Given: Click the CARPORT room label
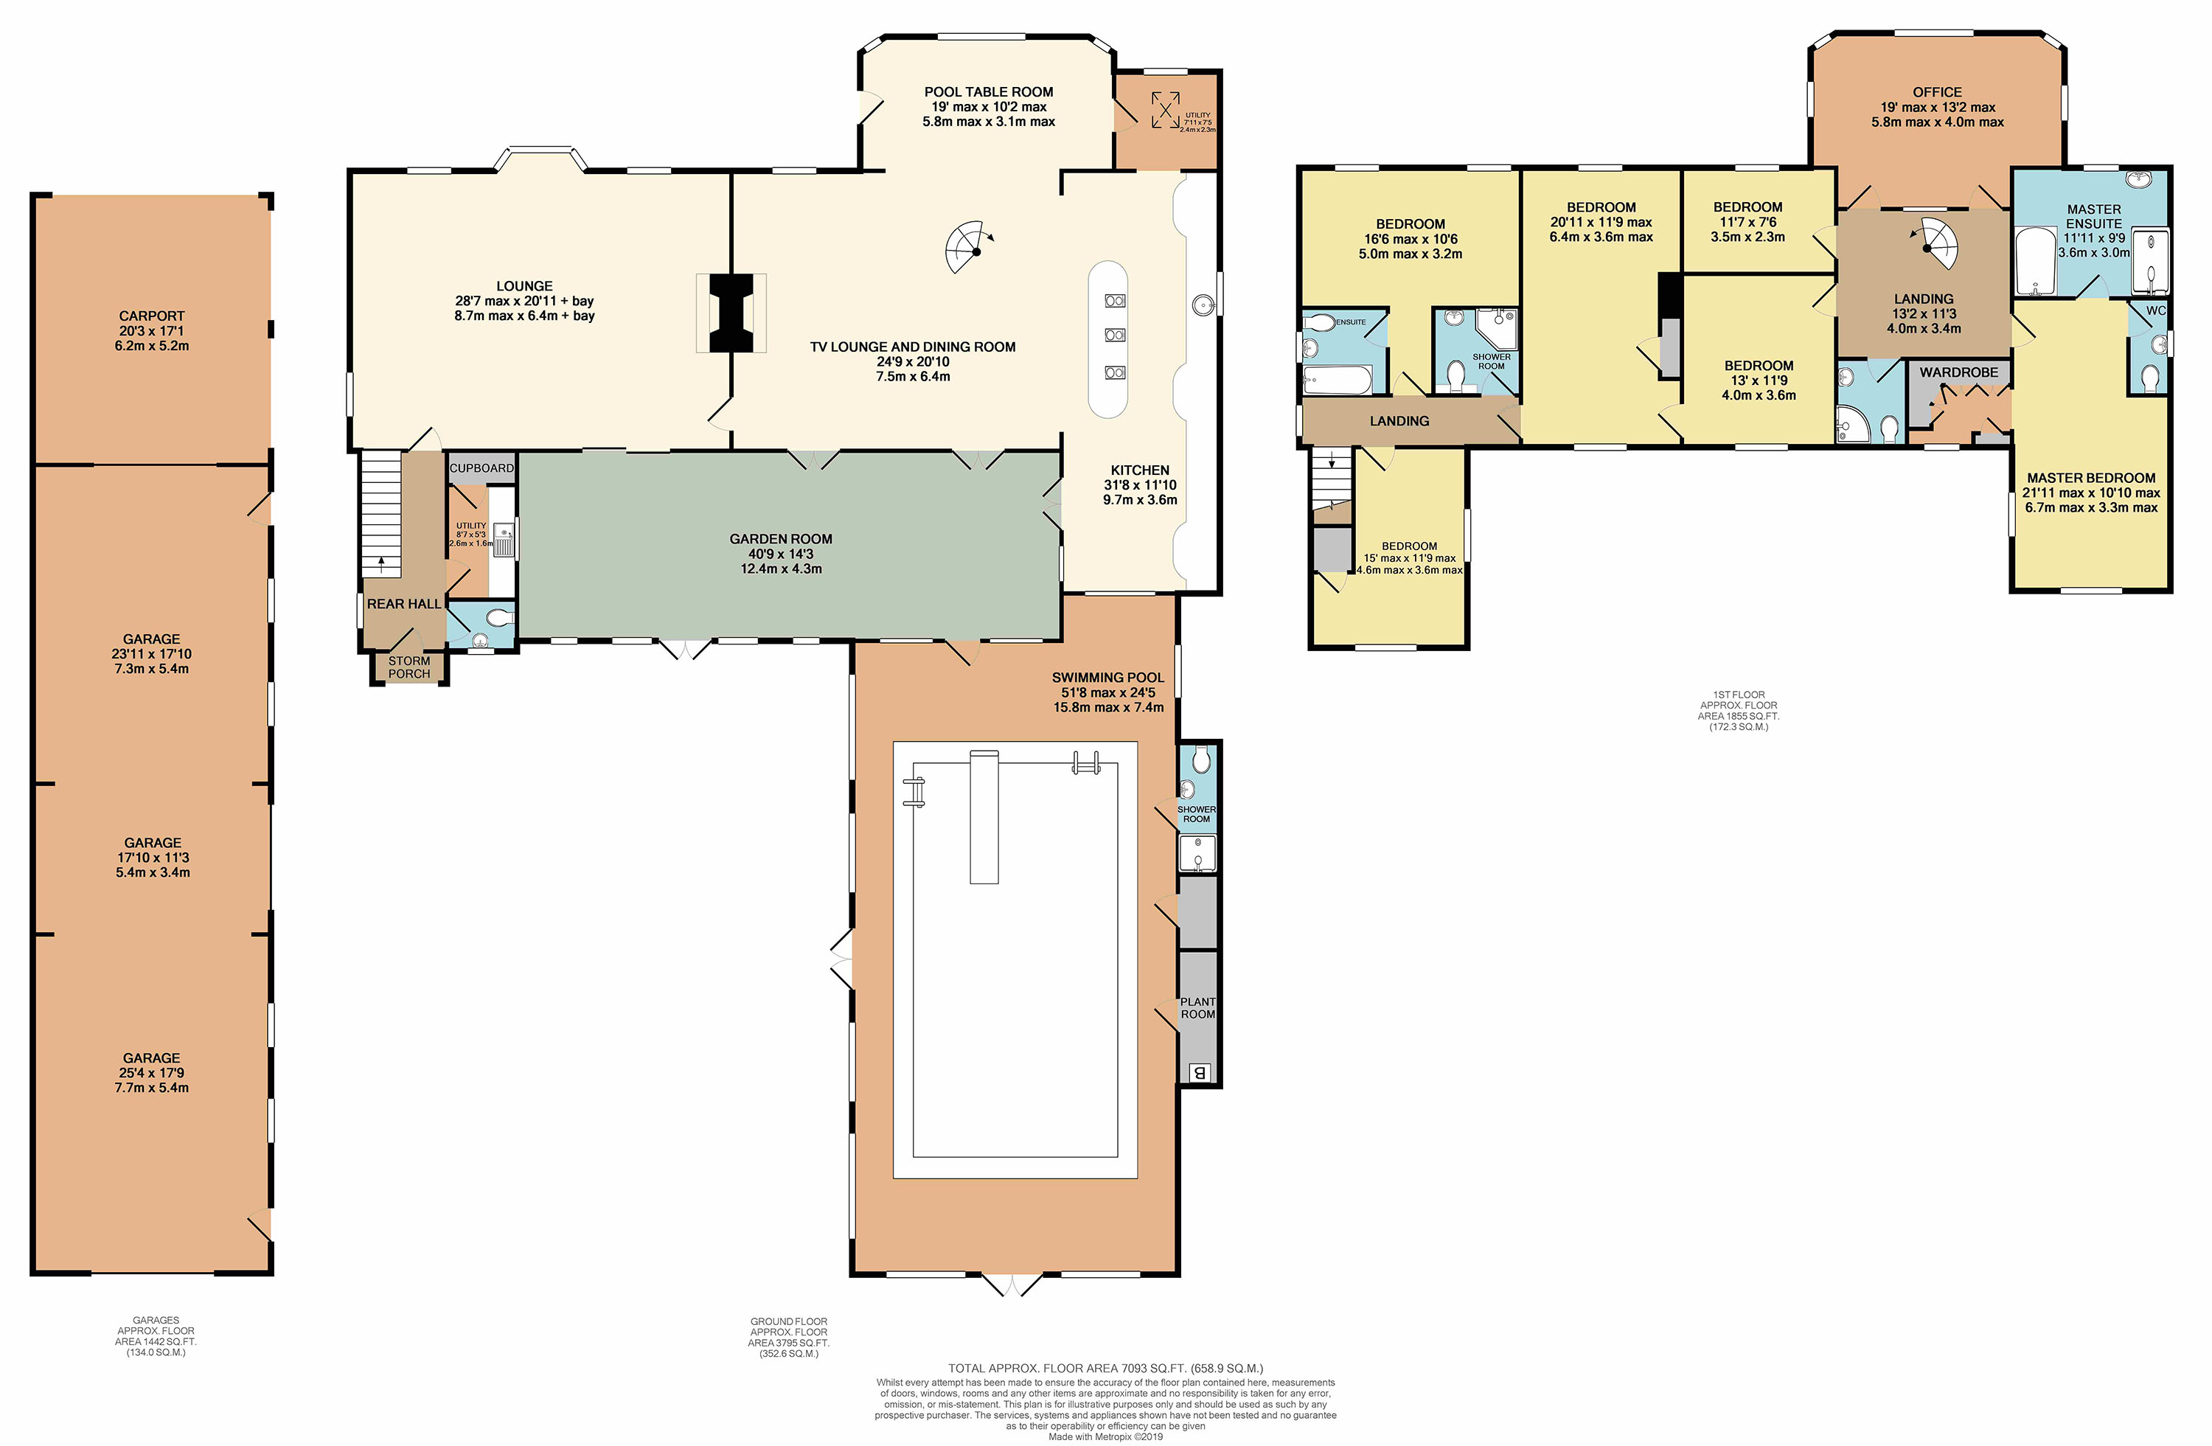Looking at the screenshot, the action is [151, 316].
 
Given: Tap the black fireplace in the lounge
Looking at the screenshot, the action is [731, 313].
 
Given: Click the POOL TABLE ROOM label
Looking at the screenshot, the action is [988, 92].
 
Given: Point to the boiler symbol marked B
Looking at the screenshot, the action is [1199, 1072].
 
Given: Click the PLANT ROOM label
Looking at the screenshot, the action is [1198, 1008].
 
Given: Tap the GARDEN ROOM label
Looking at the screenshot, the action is [781, 539].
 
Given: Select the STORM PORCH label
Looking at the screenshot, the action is [409, 667].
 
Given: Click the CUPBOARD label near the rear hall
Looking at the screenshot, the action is [481, 468].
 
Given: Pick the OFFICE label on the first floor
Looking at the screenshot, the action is [1937, 92].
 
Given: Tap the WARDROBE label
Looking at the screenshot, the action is [1958, 372].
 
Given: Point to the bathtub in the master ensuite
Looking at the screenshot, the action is [2034, 261].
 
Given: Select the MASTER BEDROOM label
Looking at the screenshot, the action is [2091, 478].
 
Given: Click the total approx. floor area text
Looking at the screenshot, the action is [1105, 1368].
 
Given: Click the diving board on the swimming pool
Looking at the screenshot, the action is [984, 817].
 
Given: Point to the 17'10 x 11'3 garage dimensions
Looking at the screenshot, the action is [153, 858].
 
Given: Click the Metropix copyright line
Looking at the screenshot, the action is [1105, 1436].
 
